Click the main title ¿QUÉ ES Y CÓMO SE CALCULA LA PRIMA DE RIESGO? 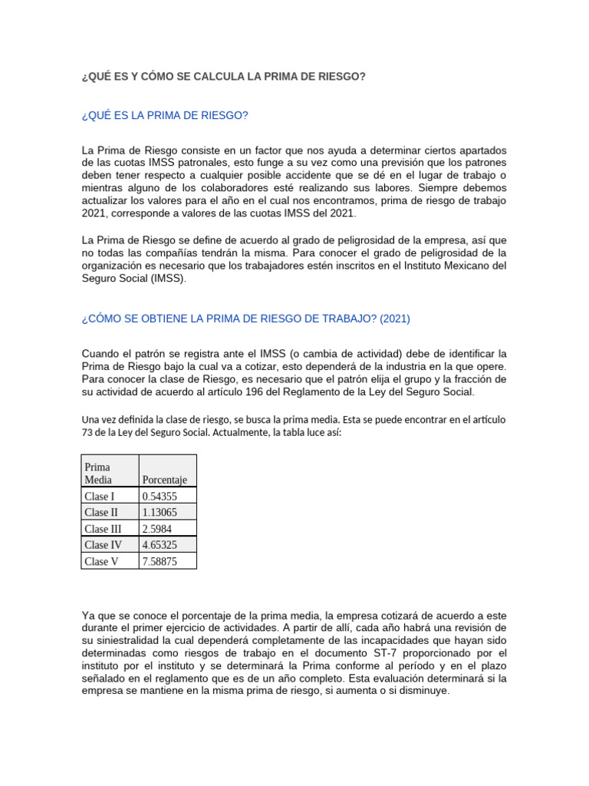point(223,78)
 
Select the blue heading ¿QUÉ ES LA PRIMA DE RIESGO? point(165,116)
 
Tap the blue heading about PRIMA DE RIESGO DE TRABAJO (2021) point(250,318)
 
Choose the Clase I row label point(100,496)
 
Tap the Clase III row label point(103,529)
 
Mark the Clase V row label point(101,561)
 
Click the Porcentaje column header point(165,480)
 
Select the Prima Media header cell point(98,473)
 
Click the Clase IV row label point(103,545)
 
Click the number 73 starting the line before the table point(87,433)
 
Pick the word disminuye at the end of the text point(423,691)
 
